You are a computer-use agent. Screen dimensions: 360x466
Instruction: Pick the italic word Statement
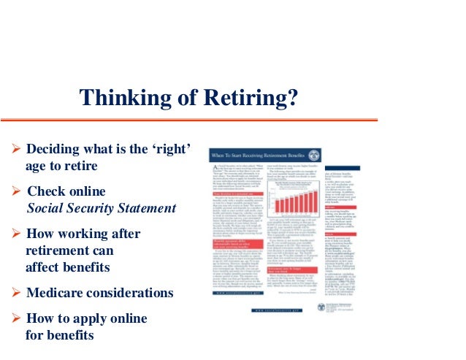pos(144,208)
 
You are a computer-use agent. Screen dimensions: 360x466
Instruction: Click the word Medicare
pos(56,294)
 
